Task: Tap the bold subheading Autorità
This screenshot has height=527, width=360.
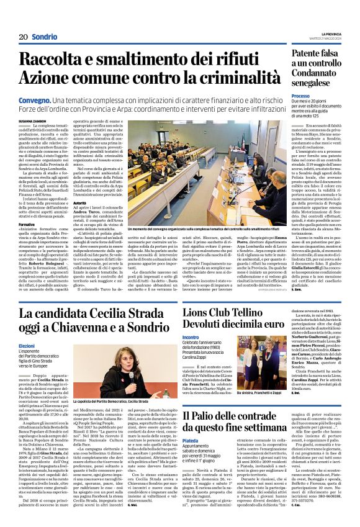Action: (80, 202)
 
